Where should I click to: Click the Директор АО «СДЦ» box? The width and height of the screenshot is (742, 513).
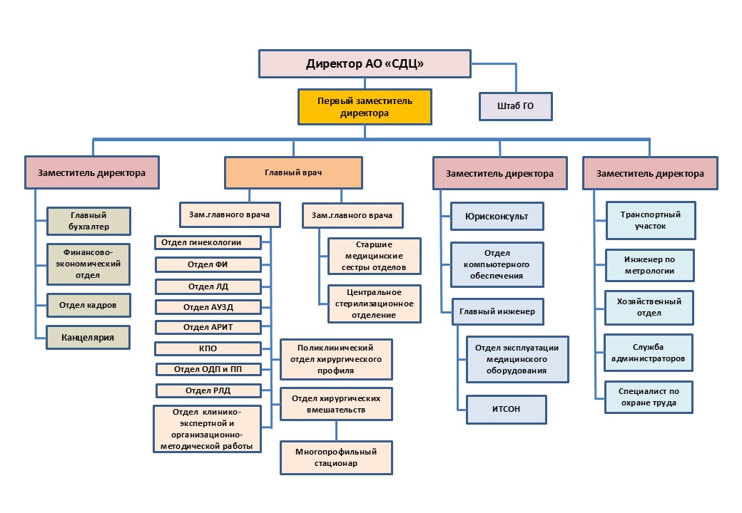pyautogui.click(x=364, y=63)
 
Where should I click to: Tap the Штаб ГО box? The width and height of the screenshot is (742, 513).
pyautogui.click(x=515, y=106)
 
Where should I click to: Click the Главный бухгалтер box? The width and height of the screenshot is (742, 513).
pyautogui.click(x=88, y=221)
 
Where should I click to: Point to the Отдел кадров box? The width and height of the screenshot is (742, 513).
pyautogui.click(x=88, y=306)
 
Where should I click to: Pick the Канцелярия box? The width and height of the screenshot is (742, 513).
pyautogui.click(x=88, y=337)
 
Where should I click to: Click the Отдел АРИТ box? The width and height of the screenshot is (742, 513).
pyautogui.click(x=207, y=327)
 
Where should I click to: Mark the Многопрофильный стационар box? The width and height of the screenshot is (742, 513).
pyautogui.click(x=336, y=457)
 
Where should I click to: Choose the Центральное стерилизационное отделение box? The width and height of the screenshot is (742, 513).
pyautogui.click(x=375, y=304)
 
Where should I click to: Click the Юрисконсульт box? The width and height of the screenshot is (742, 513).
pyautogui.click(x=497, y=216)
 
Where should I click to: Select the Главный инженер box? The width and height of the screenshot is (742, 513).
pyautogui.click(x=497, y=311)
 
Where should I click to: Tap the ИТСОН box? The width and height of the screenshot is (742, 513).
pyautogui.click(x=506, y=410)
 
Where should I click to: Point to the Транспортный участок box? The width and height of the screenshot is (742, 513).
pyautogui.click(x=650, y=220)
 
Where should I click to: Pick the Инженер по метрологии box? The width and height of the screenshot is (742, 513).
pyautogui.click(x=650, y=265)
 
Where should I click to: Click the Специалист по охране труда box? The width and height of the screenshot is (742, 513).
pyautogui.click(x=650, y=398)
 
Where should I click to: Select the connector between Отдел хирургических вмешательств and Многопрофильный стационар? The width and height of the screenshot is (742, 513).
pyautogui.click(x=336, y=431)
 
